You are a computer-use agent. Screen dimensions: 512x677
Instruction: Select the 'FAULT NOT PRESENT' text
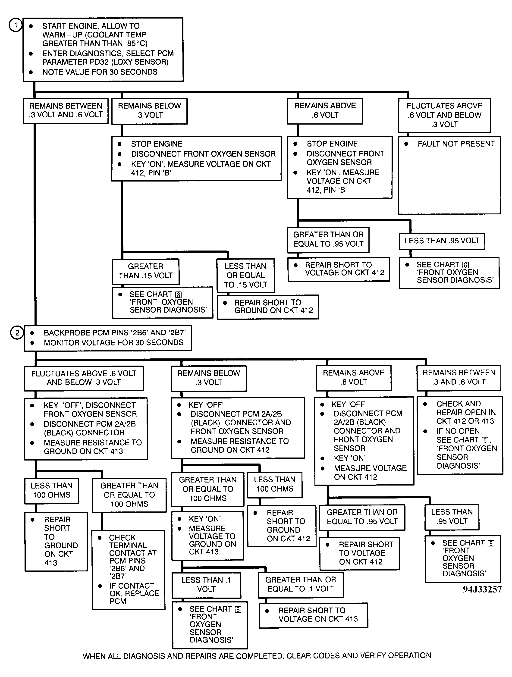tap(456, 144)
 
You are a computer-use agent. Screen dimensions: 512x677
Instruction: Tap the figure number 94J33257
tap(482, 589)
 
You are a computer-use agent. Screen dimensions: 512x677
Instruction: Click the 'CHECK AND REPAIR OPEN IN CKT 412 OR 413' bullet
tap(465, 412)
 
